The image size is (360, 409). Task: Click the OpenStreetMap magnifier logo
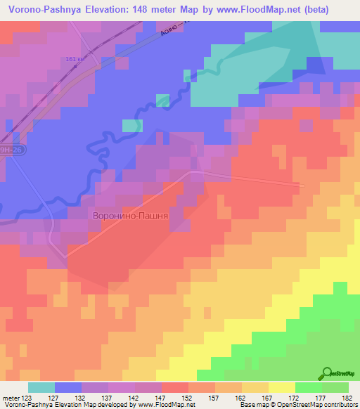pyautogui.click(x=327, y=373)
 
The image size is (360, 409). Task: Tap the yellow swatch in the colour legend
pyautogui.click(x=281, y=387)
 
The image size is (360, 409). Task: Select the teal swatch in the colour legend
pyautogui.click(x=41, y=387)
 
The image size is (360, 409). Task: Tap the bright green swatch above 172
pyautogui.click(x=308, y=387)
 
